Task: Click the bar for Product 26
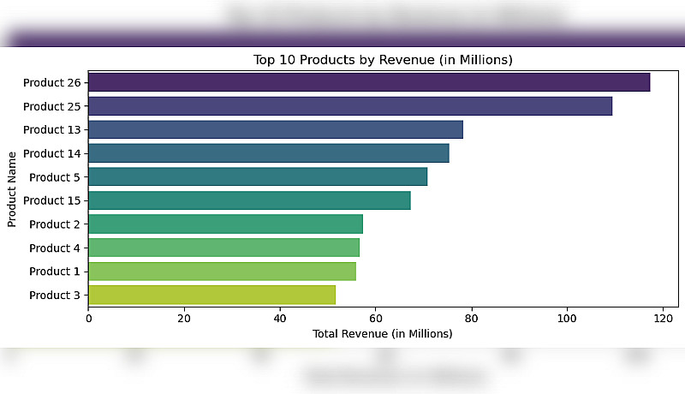click(x=369, y=82)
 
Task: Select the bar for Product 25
click(x=350, y=106)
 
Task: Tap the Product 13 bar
click(x=276, y=129)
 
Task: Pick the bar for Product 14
click(x=269, y=153)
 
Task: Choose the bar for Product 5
click(x=258, y=176)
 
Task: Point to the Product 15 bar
click(x=249, y=200)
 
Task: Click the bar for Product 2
click(x=225, y=224)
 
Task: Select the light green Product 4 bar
click(x=223, y=248)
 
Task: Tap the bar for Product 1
click(x=222, y=271)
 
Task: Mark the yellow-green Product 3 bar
click(x=211, y=295)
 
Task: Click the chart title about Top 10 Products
click(x=383, y=60)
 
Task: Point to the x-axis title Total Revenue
click(x=383, y=333)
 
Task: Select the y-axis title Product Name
click(x=13, y=189)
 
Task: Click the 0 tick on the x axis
click(x=88, y=318)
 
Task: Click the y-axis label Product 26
click(x=51, y=83)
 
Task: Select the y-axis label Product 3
click(x=55, y=295)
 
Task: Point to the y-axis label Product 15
click(x=51, y=200)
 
